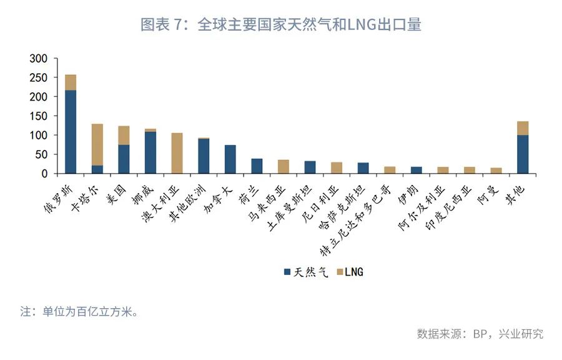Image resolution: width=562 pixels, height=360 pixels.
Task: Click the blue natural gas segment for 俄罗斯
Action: tap(71, 131)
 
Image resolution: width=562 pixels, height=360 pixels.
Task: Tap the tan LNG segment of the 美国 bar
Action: tap(124, 135)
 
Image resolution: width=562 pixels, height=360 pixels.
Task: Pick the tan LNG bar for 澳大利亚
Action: tap(177, 153)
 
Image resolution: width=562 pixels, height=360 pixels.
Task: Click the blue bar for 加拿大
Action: tap(230, 159)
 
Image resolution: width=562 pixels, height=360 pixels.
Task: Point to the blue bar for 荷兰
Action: tap(257, 166)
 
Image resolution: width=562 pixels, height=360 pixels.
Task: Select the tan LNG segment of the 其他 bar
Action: tap(523, 128)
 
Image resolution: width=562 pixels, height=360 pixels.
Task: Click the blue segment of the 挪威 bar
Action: tap(150, 152)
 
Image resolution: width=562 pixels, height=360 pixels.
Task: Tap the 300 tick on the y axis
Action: tap(38, 59)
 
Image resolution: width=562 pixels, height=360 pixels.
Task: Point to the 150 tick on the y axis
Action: tap(38, 116)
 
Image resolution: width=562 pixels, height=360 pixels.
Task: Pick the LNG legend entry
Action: tap(350, 272)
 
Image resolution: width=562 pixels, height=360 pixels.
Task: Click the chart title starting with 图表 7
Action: tap(280, 25)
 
